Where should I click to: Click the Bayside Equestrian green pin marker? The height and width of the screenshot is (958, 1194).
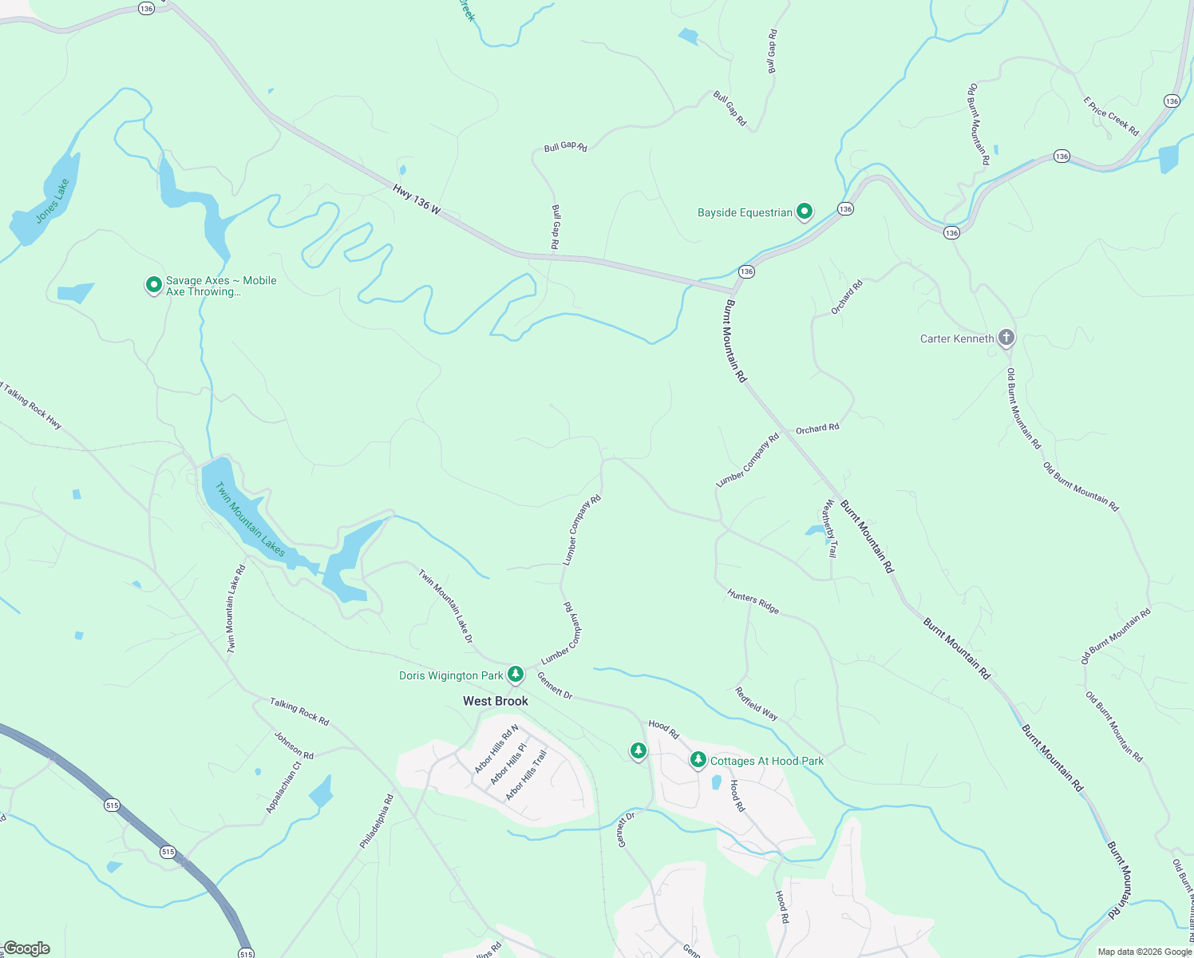point(805,212)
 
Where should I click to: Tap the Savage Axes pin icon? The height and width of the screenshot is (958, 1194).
point(153,285)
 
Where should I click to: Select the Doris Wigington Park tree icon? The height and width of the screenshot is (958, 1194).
point(516,675)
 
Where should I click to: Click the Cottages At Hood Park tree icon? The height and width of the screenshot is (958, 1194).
point(698,760)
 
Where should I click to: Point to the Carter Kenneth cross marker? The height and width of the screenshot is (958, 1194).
point(1006,338)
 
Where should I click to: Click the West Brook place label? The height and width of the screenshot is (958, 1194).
point(496,701)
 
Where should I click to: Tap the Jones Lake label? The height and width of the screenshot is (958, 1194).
point(53,200)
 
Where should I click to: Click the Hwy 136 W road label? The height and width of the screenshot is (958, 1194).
point(417,199)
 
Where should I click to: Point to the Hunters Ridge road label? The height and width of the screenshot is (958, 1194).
point(753,601)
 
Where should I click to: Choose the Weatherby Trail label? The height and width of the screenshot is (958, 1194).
point(831,528)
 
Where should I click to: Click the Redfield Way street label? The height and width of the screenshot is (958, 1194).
point(757,703)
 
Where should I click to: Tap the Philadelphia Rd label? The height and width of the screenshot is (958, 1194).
point(377,821)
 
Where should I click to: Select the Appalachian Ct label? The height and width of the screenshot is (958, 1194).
point(283,787)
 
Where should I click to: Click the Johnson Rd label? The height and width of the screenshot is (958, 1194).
point(295,745)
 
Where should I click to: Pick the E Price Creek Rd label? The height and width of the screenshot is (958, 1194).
point(1111,117)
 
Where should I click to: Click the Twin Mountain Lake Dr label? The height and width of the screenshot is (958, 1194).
point(446,605)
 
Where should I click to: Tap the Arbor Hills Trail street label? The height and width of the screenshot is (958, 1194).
point(527,774)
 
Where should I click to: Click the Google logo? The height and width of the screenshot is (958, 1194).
point(26,948)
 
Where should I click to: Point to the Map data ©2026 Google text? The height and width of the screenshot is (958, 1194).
point(1145,952)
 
